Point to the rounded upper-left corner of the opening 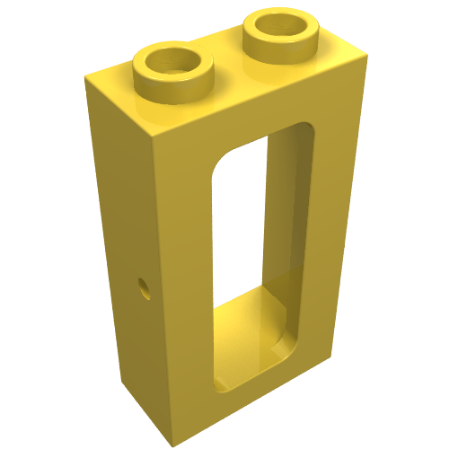click(x=224, y=162)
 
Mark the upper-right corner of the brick click(x=369, y=58)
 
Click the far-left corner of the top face click(x=86, y=81)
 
